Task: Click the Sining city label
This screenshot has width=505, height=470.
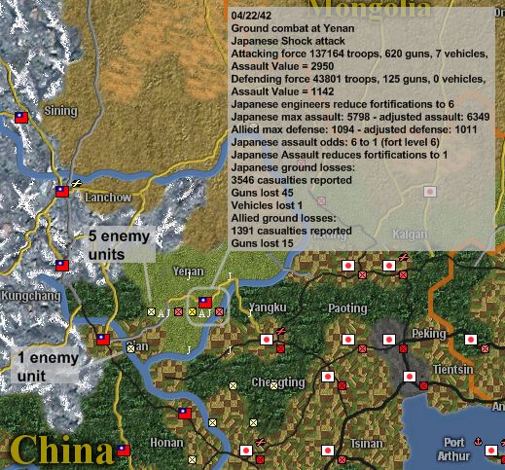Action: tap(60, 112)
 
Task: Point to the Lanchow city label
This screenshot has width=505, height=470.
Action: tap(108, 197)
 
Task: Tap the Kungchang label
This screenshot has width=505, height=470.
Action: tap(31, 295)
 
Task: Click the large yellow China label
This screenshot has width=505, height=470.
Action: tap(61, 452)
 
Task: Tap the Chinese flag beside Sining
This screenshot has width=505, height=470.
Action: tap(21, 118)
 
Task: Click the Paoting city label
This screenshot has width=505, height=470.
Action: tap(346, 308)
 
